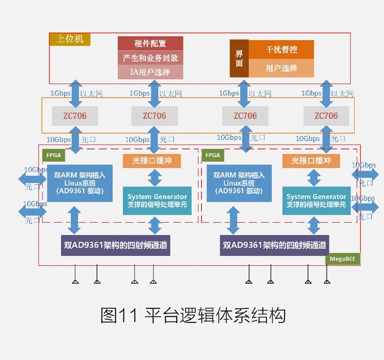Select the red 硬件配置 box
[x=150, y=43]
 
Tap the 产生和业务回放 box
[x=150, y=58]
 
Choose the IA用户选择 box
[x=150, y=72]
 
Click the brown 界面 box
[x=239, y=58]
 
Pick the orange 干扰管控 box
[x=281, y=49]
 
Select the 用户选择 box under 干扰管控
[x=281, y=68]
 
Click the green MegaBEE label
[x=343, y=259]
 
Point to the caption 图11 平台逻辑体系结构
[x=193, y=316]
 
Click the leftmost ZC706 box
[x=75, y=116]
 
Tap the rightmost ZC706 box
[x=326, y=116]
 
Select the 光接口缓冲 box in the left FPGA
[x=152, y=161]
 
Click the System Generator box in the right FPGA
[x=316, y=201]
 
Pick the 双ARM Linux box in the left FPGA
[x=80, y=183]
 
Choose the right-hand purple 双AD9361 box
[x=274, y=245]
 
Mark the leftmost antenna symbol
[x=75, y=281]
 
